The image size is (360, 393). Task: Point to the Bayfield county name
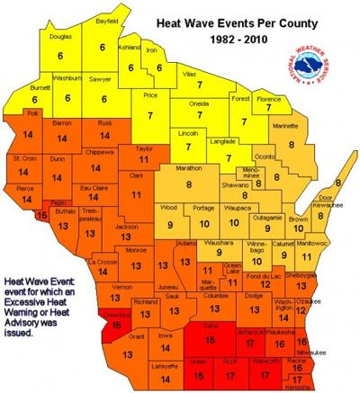tap(106, 30)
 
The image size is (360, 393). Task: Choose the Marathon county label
tap(188, 167)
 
